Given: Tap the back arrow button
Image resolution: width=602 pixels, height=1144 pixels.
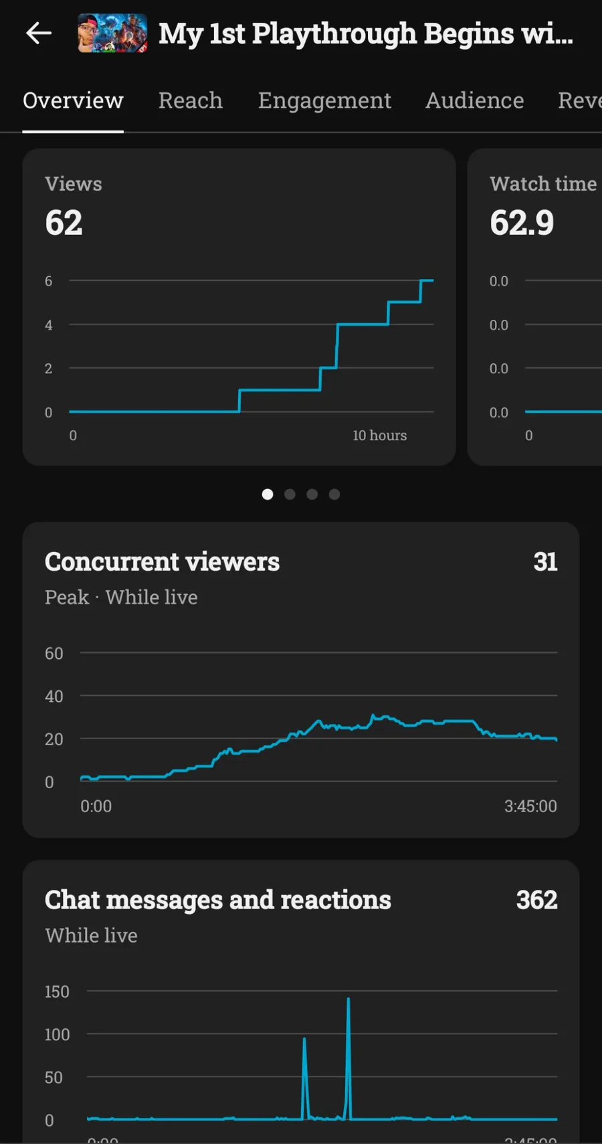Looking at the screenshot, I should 39,33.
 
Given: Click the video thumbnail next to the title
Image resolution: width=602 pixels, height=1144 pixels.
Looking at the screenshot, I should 112,33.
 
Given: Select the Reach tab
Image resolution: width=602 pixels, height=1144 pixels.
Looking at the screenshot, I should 191,100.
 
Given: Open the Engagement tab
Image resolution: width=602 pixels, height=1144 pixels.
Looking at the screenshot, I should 324,100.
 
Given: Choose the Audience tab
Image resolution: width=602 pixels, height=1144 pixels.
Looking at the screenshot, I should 475,100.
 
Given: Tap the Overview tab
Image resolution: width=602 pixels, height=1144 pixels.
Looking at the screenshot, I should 73,100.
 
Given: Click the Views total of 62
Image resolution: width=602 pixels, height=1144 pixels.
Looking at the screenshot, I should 64,223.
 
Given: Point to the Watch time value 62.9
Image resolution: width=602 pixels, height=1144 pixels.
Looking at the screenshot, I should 522,223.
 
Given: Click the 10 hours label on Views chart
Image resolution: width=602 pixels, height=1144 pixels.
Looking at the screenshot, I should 379,436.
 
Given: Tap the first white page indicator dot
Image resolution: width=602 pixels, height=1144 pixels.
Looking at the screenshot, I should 268,494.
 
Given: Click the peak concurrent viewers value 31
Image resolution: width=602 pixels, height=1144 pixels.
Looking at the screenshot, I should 545,562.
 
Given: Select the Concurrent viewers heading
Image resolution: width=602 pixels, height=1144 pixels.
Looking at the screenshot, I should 162,562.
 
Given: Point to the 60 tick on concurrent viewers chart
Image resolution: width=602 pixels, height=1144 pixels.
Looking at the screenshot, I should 54,654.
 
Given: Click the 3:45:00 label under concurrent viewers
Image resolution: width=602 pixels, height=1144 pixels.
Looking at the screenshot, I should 530,806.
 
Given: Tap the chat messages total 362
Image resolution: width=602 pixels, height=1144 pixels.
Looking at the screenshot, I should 536,900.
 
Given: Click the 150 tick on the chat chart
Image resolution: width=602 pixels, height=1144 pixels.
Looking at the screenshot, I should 57,991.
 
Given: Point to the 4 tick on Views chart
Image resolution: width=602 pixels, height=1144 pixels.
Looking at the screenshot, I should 48,325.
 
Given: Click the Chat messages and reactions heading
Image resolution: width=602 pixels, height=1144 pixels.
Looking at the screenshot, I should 217,900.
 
